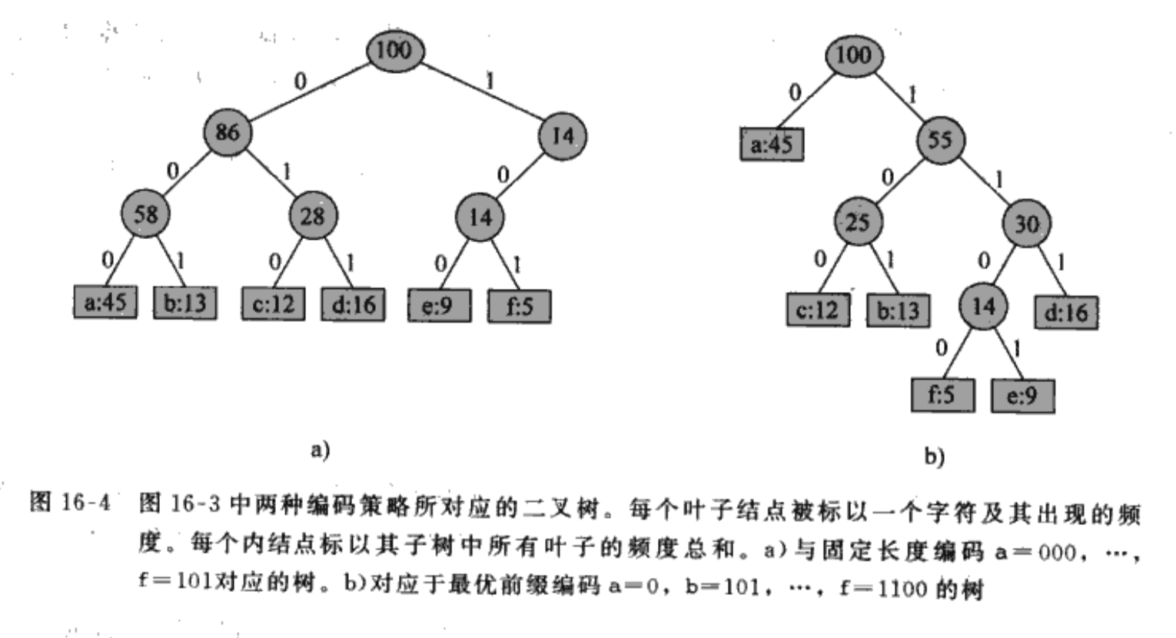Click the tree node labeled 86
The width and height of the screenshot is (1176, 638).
[x=227, y=132]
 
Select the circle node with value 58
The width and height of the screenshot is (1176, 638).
[x=145, y=214]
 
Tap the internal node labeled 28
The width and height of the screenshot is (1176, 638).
[x=312, y=216]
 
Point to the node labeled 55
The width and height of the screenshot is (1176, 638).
[x=939, y=140]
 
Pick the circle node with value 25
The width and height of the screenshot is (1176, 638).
[x=857, y=222]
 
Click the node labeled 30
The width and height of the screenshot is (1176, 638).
[x=1027, y=224]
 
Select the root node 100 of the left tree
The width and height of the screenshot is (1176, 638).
[x=394, y=50]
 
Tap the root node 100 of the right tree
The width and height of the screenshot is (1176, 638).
[x=853, y=55]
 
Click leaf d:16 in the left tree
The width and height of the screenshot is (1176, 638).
[x=353, y=304]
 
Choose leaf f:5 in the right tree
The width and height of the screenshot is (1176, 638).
[x=942, y=395]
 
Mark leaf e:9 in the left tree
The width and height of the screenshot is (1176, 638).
[x=439, y=305]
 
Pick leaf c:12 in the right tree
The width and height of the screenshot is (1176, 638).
[x=818, y=310]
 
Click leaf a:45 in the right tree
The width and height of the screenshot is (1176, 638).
[x=772, y=144]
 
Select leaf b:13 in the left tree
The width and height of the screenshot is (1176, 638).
[x=185, y=303]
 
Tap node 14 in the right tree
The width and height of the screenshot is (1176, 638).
[x=984, y=307]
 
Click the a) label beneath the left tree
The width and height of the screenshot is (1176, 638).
[x=320, y=449]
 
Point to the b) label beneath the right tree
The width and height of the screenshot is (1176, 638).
[x=934, y=457]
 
